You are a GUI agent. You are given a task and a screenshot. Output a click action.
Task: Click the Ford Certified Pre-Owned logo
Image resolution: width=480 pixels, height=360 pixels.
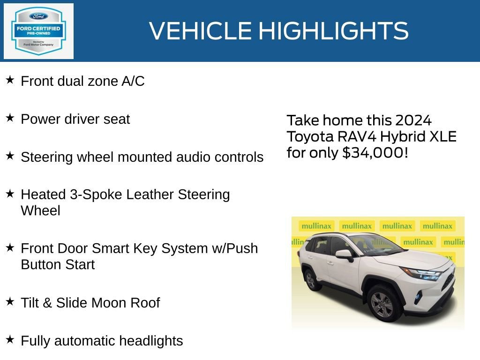pyautogui.click(x=38, y=31)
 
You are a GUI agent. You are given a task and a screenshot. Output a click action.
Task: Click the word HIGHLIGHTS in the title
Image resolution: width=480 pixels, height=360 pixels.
pyautogui.click(x=333, y=31)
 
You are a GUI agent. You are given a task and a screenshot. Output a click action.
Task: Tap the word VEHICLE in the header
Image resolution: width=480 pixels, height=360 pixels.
pyautogui.click(x=200, y=31)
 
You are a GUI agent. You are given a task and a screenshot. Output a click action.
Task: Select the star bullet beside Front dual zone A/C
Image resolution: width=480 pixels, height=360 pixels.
pyautogui.click(x=10, y=80)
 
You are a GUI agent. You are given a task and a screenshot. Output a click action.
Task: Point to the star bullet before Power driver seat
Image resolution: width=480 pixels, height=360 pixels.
pyautogui.click(x=10, y=118)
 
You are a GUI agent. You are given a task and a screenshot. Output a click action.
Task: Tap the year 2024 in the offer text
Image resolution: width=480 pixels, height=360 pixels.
pyautogui.click(x=412, y=120)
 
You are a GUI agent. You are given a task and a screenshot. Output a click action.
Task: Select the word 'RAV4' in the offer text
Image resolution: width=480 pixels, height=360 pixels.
pyautogui.click(x=357, y=136)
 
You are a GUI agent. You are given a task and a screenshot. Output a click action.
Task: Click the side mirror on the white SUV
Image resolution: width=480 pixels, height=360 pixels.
pyautogui.click(x=344, y=255)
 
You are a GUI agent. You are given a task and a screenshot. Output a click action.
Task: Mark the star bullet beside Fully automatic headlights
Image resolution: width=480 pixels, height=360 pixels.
pyautogui.click(x=10, y=339)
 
